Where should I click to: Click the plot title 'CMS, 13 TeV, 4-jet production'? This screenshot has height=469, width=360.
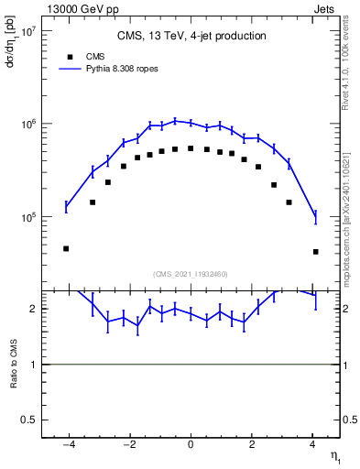click(x=191, y=37)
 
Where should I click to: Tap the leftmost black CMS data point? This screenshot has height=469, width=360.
click(x=66, y=248)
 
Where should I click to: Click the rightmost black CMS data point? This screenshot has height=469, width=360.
click(x=315, y=251)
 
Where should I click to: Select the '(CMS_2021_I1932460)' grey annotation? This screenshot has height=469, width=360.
click(x=191, y=273)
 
